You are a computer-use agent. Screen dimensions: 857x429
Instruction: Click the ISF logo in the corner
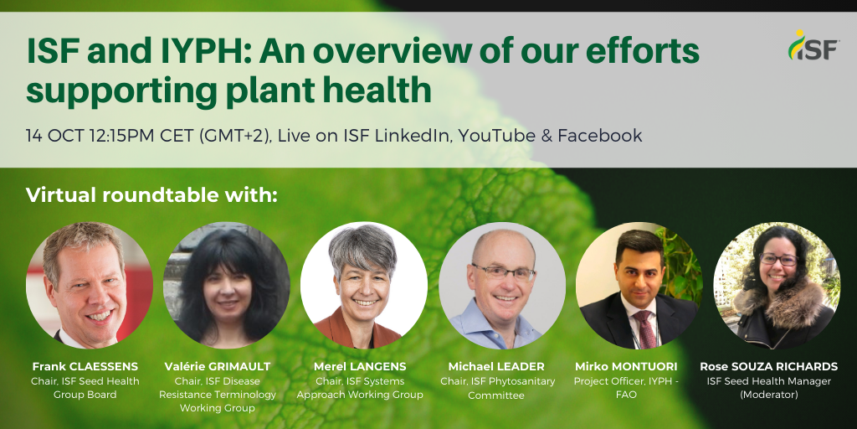[x=813, y=45]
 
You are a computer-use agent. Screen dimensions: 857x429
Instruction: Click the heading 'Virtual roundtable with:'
[x=152, y=194]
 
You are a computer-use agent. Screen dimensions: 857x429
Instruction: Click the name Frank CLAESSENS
[x=85, y=366]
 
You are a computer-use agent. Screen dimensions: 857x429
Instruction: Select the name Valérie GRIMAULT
[x=218, y=366]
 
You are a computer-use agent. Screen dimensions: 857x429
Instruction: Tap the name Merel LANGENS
[x=360, y=366]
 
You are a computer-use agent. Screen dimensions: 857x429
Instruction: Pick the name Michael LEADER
[x=495, y=366]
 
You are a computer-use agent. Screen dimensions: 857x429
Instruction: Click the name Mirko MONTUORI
[x=626, y=366]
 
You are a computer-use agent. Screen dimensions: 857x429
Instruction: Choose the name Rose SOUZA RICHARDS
[x=768, y=366]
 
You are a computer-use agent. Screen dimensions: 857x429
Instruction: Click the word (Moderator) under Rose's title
[x=768, y=395]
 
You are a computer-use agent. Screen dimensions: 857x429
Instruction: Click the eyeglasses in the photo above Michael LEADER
[x=504, y=272]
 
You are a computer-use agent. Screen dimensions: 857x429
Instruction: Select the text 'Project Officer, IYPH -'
[x=626, y=381]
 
